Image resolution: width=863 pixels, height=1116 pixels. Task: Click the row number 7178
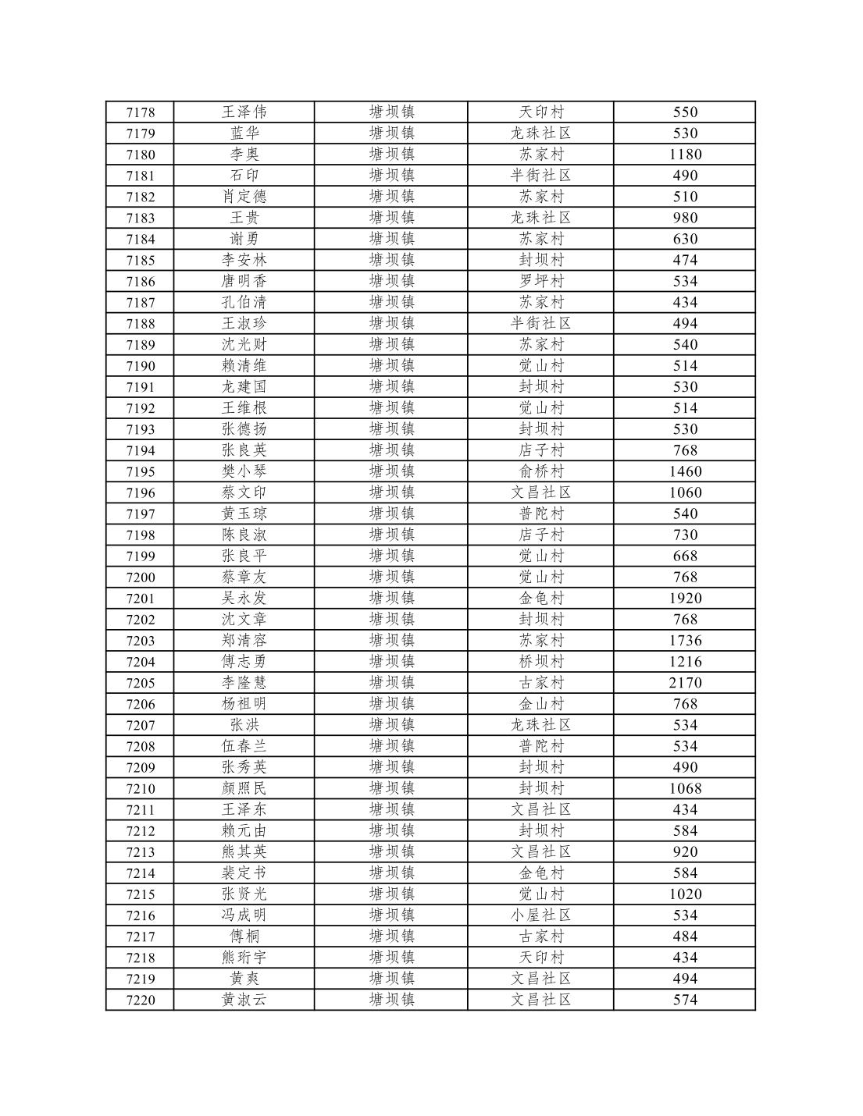coord(141,112)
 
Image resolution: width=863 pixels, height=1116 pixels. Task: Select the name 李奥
coord(244,155)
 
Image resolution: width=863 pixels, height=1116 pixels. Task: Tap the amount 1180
coord(685,155)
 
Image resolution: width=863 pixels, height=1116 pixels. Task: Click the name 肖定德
coord(244,197)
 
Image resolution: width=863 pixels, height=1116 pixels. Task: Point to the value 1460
coord(685,471)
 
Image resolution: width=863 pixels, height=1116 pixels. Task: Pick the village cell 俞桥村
coord(540,471)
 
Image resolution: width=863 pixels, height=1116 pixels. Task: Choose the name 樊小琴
coord(244,471)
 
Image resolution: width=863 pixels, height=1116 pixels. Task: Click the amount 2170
coord(685,683)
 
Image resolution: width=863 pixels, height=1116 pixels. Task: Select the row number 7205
coord(141,683)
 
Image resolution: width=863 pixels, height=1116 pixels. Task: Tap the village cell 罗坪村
coord(540,281)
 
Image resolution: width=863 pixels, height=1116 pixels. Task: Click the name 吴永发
coord(244,599)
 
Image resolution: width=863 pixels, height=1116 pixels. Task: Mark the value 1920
coord(685,599)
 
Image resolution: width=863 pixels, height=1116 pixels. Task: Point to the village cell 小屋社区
coord(540,915)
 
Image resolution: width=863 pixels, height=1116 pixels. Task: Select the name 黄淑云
coord(244,1000)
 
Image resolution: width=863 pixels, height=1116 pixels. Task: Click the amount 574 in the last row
coord(685,1000)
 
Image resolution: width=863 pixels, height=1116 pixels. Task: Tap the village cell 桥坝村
coord(540,662)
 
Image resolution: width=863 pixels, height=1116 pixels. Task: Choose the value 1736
coord(685,641)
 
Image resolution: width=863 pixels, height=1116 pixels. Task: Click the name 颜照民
coord(244,788)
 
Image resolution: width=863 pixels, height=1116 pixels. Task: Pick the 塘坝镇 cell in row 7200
coord(391,578)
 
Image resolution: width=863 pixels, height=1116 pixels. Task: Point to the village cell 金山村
coord(540,704)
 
